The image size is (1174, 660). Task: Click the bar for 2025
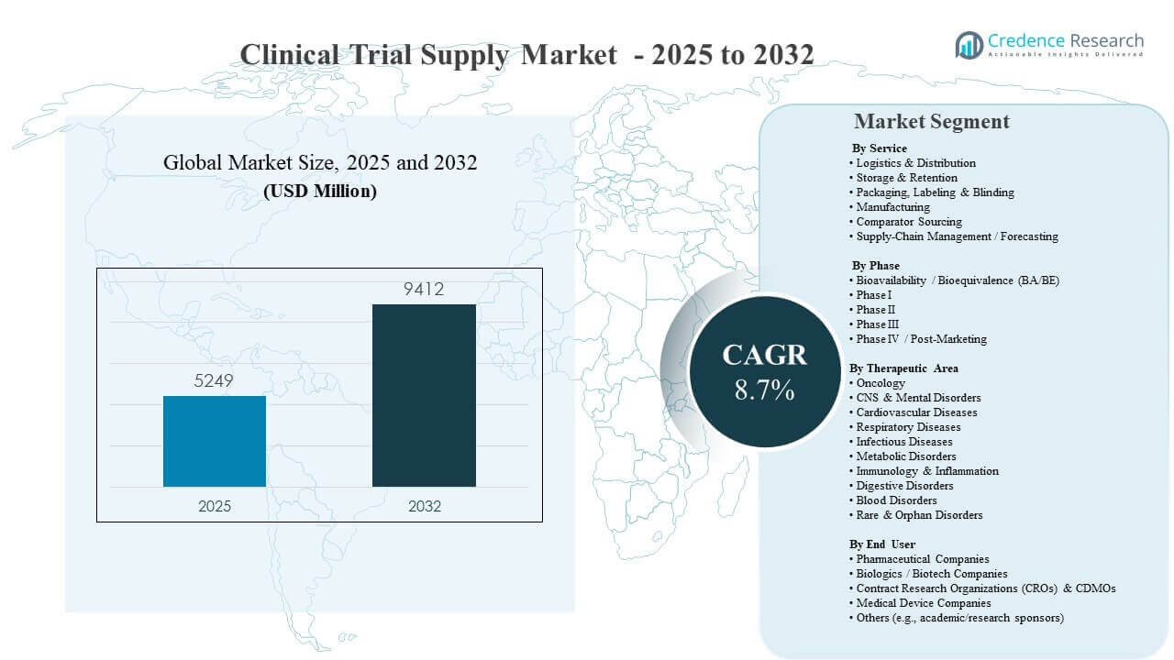click(x=215, y=441)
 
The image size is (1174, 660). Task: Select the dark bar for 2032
click(x=424, y=395)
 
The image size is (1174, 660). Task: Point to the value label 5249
click(x=215, y=380)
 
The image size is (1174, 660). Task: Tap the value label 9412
click(x=424, y=290)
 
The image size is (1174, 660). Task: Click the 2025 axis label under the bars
click(x=215, y=506)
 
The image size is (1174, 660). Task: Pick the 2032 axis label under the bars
click(x=424, y=506)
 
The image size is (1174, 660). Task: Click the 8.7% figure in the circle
click(x=764, y=390)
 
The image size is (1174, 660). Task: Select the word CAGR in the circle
click(x=764, y=356)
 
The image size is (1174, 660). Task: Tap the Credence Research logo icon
click(x=969, y=44)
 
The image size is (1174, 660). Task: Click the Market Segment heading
click(x=931, y=121)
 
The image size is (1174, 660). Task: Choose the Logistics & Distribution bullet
click(x=915, y=163)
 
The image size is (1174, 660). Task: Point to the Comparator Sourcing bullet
click(x=909, y=222)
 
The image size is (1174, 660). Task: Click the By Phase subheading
click(x=876, y=266)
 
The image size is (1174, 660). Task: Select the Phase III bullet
click(x=878, y=324)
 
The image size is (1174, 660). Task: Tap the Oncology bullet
click(x=880, y=383)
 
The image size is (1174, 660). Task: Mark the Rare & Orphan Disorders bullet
click(x=919, y=515)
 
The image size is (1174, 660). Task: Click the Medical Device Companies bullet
click(x=924, y=603)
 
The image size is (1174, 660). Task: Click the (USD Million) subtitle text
click(x=320, y=192)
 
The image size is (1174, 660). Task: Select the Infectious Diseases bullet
click(x=904, y=442)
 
